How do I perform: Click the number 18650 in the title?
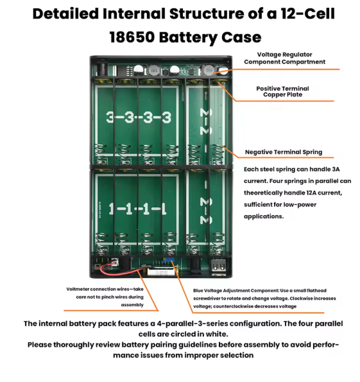pyautogui.click(x=132, y=37)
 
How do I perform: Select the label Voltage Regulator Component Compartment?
pyautogui.click(x=284, y=58)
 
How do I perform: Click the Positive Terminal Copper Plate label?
pyautogui.click(x=282, y=91)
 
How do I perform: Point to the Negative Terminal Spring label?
pyautogui.click(x=284, y=152)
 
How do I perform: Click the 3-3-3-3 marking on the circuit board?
pyautogui.click(x=139, y=117)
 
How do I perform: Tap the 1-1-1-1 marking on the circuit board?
pyautogui.click(x=137, y=209)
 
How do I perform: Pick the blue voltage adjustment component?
pyautogui.click(x=168, y=260)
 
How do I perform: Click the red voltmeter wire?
pyautogui.click(x=119, y=270)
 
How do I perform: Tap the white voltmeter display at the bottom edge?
pyautogui.click(x=159, y=273)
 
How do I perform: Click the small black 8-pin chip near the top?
pyautogui.click(x=191, y=71)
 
